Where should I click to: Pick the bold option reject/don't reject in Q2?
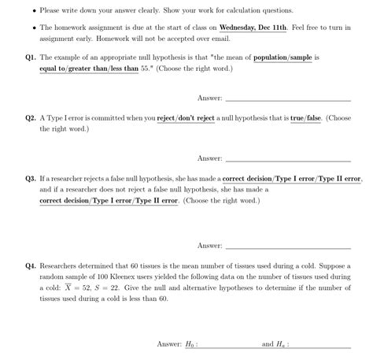(188, 117)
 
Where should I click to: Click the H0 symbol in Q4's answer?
(191, 344)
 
